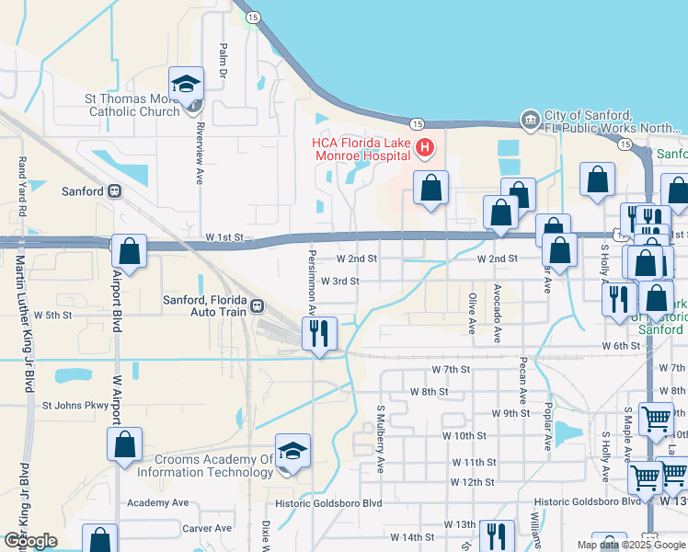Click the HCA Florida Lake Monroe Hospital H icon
point(424,148)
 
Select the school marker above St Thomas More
point(187,85)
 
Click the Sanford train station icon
point(115,191)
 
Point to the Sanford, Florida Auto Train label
point(203,305)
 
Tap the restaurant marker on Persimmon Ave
point(319,333)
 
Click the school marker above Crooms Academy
point(293,452)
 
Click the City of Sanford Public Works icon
point(530,120)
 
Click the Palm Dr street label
point(224,60)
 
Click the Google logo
point(30,541)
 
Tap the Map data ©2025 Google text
point(630,545)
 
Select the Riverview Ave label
point(198,155)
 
